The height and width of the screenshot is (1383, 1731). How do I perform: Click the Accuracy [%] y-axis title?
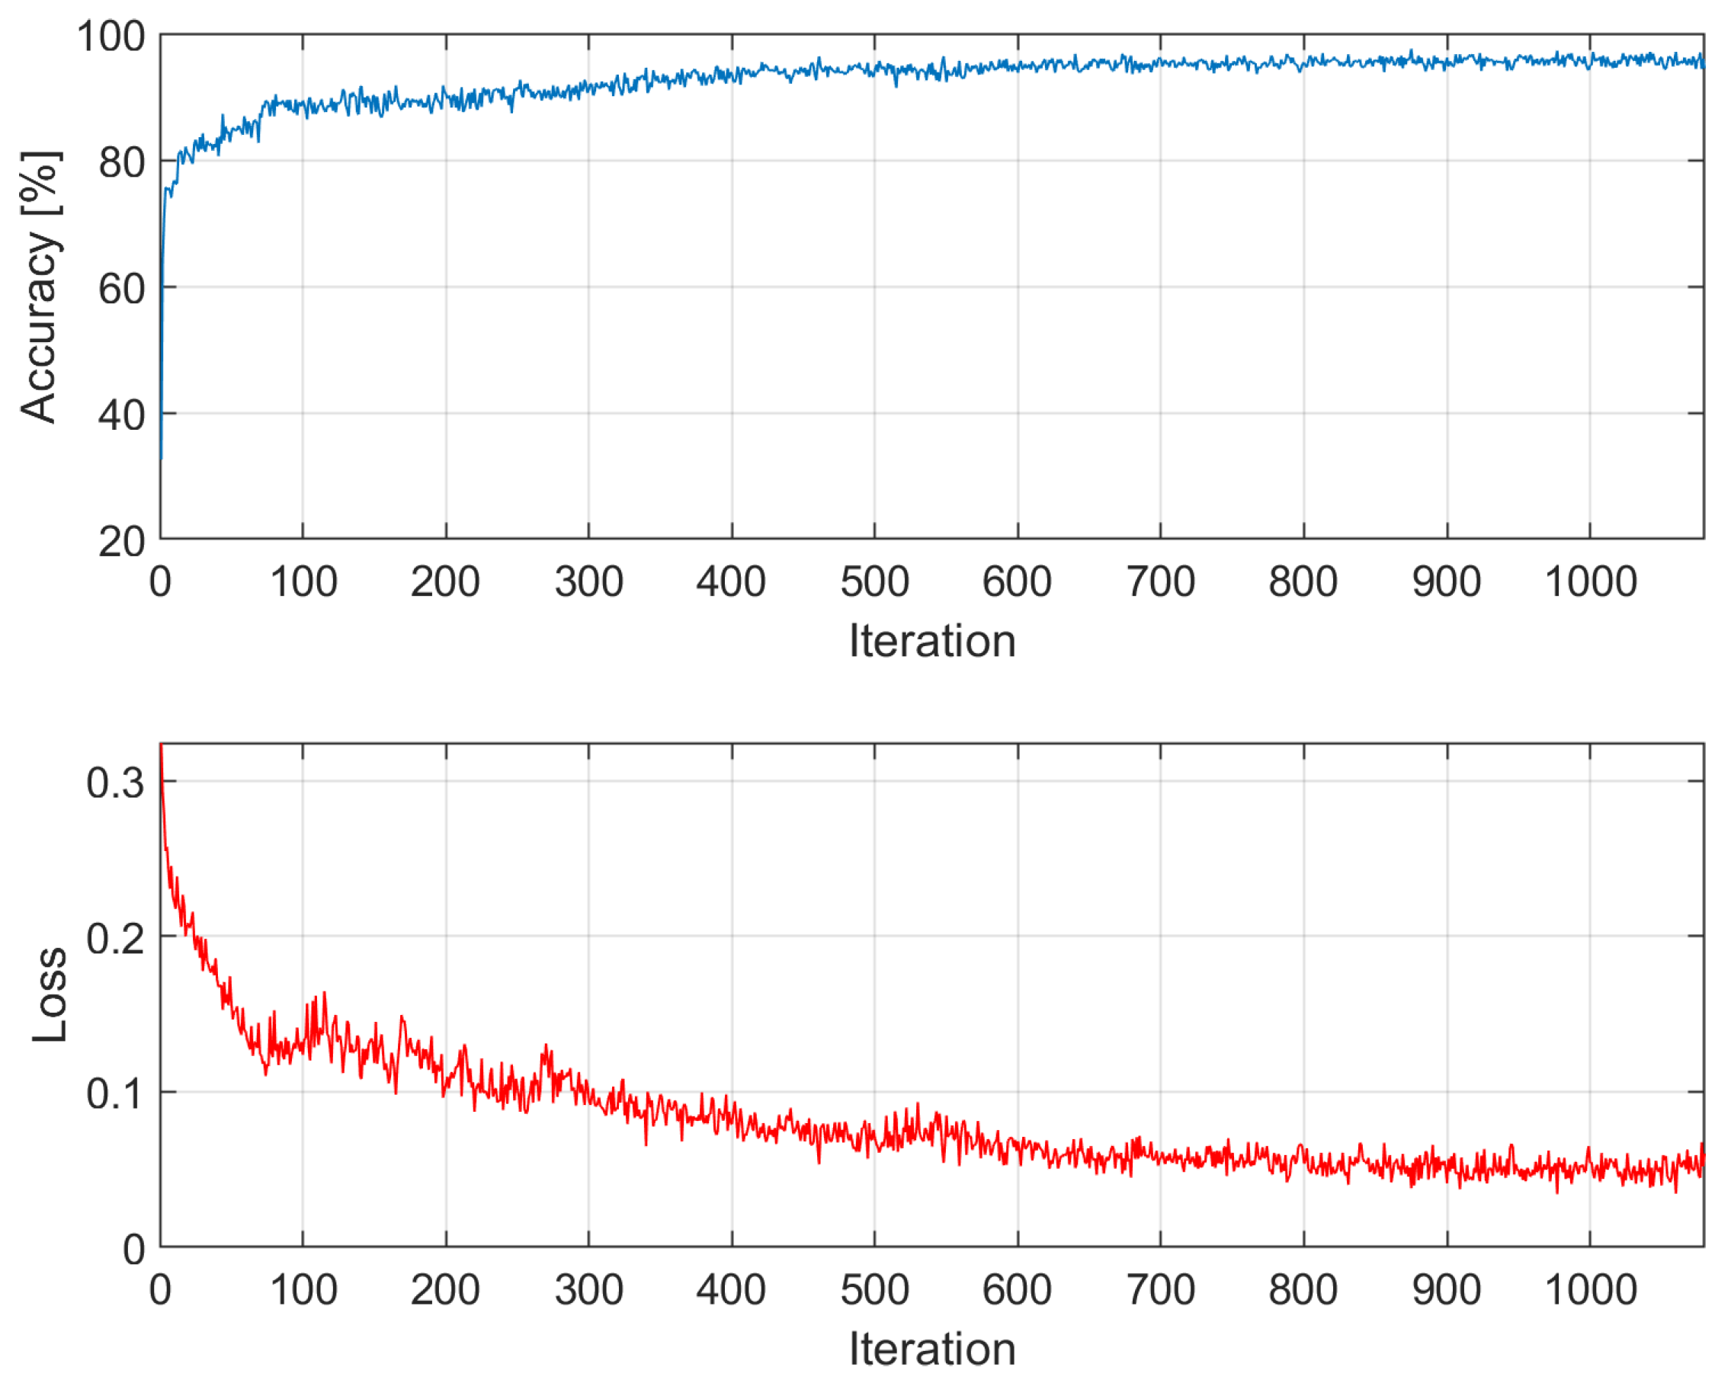[40, 287]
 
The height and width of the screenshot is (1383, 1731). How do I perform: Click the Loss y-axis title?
[50, 995]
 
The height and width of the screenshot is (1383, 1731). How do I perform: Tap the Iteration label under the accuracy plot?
[932, 642]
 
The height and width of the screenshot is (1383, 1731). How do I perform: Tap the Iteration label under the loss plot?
[932, 1349]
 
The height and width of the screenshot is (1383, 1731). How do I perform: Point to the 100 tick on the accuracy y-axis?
[111, 37]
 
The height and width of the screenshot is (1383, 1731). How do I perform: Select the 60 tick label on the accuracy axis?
[121, 289]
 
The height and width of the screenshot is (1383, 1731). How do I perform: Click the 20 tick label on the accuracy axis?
[121, 543]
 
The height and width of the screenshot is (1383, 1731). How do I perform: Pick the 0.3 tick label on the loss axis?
[116, 783]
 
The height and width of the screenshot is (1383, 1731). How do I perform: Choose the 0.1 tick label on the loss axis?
[116, 1093]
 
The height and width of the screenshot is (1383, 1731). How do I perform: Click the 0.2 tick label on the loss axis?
[116, 937]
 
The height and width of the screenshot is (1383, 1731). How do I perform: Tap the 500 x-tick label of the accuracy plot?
[874, 582]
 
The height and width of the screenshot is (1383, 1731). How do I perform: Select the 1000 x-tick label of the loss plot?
[1591, 1290]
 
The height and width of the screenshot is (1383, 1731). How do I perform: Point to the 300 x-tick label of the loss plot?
[588, 1290]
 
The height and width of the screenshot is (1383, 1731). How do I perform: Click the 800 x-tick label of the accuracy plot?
[1303, 582]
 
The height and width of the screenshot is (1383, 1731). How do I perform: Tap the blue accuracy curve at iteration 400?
[732, 75]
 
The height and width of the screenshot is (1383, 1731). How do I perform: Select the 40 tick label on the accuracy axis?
[121, 416]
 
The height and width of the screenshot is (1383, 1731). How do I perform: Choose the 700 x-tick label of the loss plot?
[1160, 1290]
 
